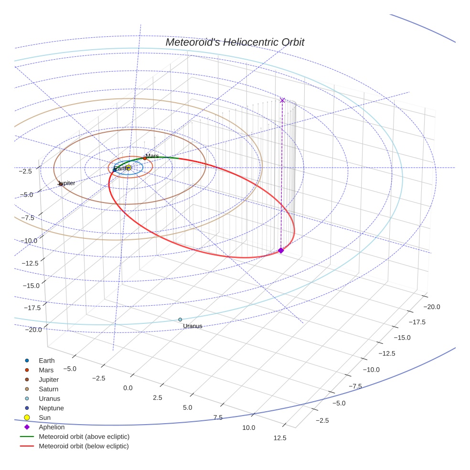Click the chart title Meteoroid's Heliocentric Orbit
(235, 42)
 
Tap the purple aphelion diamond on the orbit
(281, 250)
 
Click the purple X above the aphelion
(282, 100)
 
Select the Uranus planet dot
(180, 320)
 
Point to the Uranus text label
(192, 326)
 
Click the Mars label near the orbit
(152, 156)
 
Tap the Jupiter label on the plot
(67, 183)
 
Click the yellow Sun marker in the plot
(128, 168)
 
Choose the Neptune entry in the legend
(51, 408)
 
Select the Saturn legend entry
(48, 389)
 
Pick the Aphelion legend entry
(52, 427)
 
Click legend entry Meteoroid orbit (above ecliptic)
(84, 437)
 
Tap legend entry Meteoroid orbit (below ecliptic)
(84, 446)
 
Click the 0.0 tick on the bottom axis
(128, 388)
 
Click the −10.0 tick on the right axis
(371, 370)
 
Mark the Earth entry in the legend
(46, 361)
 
